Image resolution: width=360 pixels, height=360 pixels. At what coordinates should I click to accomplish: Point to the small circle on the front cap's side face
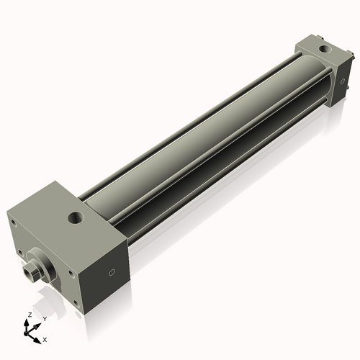[x=111, y=273]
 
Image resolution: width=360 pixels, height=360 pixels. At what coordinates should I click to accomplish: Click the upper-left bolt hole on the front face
[x=13, y=222]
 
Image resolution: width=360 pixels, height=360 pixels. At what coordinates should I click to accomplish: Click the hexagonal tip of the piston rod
[x=32, y=273]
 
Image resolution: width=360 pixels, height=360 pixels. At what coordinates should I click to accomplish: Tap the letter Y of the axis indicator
[x=45, y=318]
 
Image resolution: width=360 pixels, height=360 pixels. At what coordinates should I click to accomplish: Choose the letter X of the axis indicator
[x=45, y=338]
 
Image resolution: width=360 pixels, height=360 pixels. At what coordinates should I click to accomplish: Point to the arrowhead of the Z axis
[x=27, y=322]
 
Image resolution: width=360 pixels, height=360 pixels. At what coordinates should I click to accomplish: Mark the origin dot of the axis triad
[x=30, y=333]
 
